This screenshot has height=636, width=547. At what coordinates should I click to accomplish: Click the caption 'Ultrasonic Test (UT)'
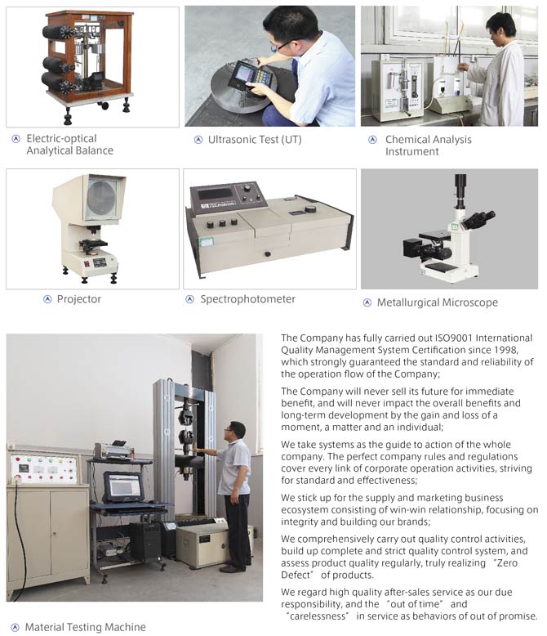(255, 140)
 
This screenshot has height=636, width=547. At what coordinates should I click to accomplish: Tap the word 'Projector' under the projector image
(79, 299)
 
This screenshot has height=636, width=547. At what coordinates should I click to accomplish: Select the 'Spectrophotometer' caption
(247, 299)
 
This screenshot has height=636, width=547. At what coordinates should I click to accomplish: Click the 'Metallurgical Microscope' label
(438, 302)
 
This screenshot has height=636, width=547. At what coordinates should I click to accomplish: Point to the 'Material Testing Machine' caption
(86, 627)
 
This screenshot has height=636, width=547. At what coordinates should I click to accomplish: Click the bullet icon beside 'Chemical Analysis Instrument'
(372, 140)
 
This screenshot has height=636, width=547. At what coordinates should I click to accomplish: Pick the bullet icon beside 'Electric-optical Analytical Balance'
(16, 139)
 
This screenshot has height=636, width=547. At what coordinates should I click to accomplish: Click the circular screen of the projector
(101, 199)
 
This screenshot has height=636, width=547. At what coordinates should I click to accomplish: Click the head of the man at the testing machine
(235, 431)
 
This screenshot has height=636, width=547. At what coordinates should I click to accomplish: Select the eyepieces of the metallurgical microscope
(479, 219)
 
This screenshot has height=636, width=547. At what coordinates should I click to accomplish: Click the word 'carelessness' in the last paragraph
(319, 616)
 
